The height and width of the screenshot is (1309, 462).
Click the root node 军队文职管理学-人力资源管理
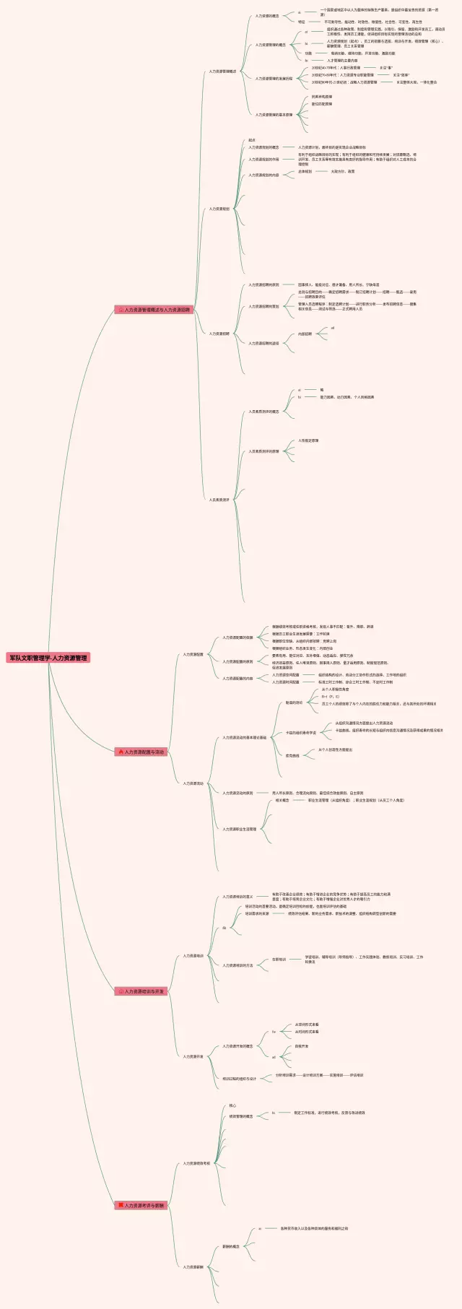click(x=48, y=658)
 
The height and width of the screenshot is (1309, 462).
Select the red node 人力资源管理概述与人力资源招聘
click(x=154, y=310)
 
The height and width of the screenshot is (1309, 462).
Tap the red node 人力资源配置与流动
click(x=141, y=752)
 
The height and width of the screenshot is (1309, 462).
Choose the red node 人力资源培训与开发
click(x=141, y=991)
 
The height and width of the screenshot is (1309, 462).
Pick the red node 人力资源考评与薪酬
click(x=141, y=1205)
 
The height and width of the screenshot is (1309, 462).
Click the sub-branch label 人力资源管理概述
click(x=222, y=71)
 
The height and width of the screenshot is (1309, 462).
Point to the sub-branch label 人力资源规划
click(x=219, y=209)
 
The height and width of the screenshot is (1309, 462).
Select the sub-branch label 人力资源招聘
click(x=219, y=334)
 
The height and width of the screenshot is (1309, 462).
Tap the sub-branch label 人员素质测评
click(x=219, y=500)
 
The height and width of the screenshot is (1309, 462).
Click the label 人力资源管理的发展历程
click(x=274, y=79)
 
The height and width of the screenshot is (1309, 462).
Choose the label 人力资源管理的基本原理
click(x=274, y=115)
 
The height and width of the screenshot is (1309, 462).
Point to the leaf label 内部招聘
click(x=305, y=334)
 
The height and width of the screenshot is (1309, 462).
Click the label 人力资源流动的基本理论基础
click(x=245, y=738)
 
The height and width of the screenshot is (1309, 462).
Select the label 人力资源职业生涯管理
click(x=240, y=829)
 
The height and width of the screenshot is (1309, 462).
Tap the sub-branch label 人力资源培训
click(x=193, y=956)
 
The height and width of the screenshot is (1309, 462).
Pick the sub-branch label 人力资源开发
click(x=193, y=1056)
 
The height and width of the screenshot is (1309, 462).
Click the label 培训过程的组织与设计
click(x=240, y=1079)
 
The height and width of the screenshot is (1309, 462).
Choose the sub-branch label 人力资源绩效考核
click(x=196, y=1163)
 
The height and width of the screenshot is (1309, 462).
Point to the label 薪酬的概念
click(x=231, y=1246)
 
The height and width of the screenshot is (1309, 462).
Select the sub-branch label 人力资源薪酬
click(x=193, y=1267)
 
